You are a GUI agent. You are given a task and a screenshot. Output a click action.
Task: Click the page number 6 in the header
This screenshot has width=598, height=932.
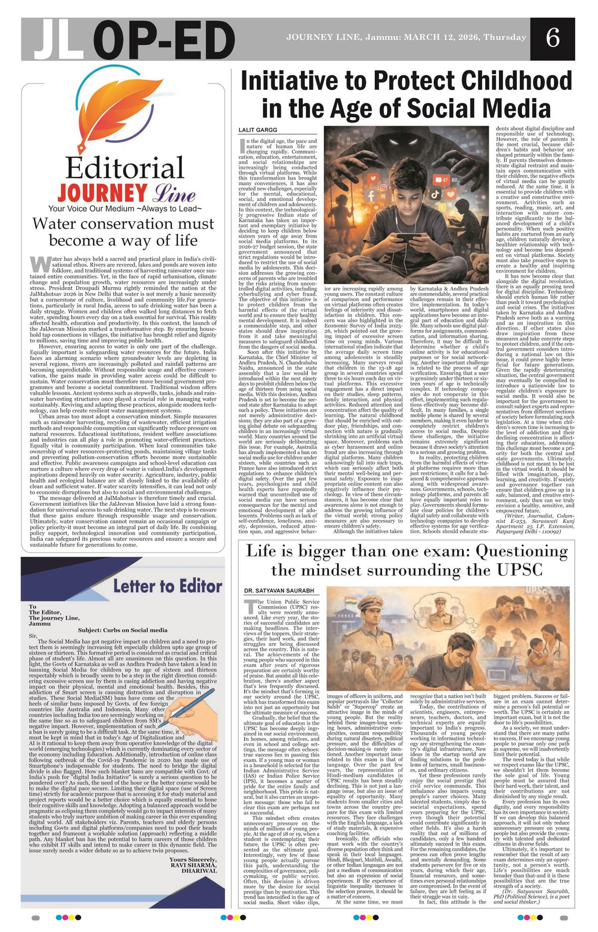552,38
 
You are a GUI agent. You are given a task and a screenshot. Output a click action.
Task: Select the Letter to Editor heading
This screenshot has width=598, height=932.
167,585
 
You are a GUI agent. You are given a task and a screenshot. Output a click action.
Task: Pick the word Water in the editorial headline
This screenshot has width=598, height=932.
58,223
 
